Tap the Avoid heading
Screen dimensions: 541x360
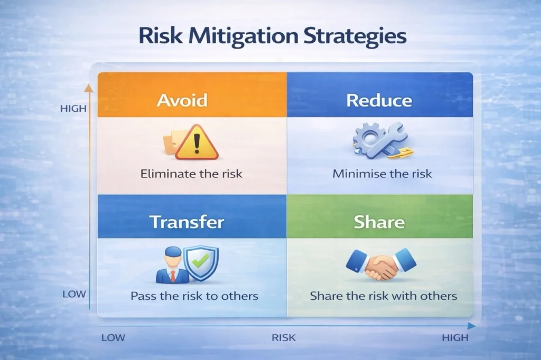pyautogui.click(x=182, y=100)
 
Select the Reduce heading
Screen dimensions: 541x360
pyautogui.click(x=379, y=100)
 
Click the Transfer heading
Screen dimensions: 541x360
pyautogui.click(x=186, y=222)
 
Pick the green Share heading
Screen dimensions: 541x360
pyautogui.click(x=379, y=222)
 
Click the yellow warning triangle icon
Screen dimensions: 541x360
pyautogui.click(x=197, y=143)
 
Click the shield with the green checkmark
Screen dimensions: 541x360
pyautogui.click(x=201, y=263)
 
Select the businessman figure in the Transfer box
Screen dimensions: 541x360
pyautogui.click(x=173, y=265)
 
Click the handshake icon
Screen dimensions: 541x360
pyautogui.click(x=381, y=263)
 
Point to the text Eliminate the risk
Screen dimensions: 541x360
pyautogui.click(x=191, y=174)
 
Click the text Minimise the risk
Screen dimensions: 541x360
pyautogui.click(x=382, y=174)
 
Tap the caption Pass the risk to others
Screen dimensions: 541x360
pyautogui.click(x=194, y=296)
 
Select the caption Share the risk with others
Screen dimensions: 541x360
pyautogui.click(x=384, y=296)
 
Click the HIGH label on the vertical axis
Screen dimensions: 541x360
pyautogui.click(x=73, y=109)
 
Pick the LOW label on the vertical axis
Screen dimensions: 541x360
pyautogui.click(x=74, y=294)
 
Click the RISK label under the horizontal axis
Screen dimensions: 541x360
pyautogui.click(x=284, y=338)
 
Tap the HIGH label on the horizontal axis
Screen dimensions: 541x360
pyautogui.click(x=455, y=338)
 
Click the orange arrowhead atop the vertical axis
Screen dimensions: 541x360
pyautogui.click(x=89, y=88)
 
